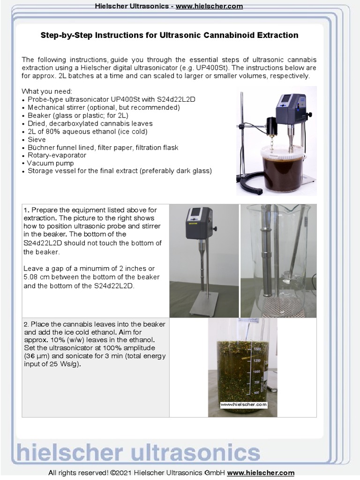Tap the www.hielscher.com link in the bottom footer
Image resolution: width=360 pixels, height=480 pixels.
pos(261,473)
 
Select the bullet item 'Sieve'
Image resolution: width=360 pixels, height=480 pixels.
pos(37,139)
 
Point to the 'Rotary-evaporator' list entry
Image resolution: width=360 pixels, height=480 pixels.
pos(57,155)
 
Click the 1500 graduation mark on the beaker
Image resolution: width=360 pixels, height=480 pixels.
pos(257,349)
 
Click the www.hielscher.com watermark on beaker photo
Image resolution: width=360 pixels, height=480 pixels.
pos(243,404)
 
